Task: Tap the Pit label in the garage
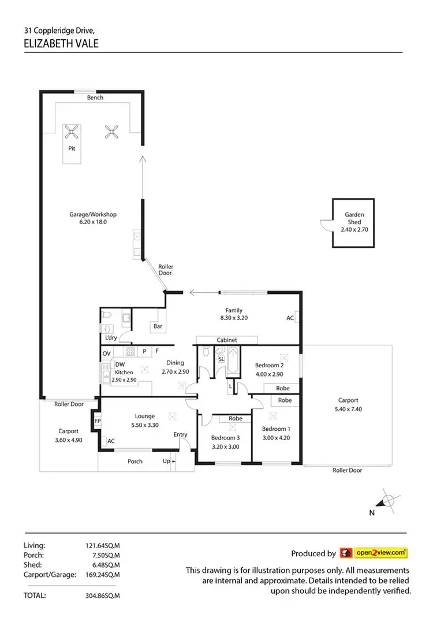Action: pyautogui.click(x=73, y=148)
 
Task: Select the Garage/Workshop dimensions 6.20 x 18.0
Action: pyautogui.click(x=88, y=222)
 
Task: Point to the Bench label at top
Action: pyautogui.click(x=95, y=98)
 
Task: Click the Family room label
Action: pyautogui.click(x=234, y=310)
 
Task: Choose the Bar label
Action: pyautogui.click(x=157, y=326)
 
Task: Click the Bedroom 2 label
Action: pyautogui.click(x=270, y=365)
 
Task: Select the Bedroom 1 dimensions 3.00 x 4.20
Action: pyautogui.click(x=276, y=437)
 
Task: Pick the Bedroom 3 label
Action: pyautogui.click(x=225, y=437)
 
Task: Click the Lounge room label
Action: pyautogui.click(x=145, y=416)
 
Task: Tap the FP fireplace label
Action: pyautogui.click(x=97, y=421)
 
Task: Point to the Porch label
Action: pyautogui.click(x=135, y=461)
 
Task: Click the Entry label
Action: pyautogui.click(x=180, y=435)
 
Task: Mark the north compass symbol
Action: pyautogui.click(x=389, y=501)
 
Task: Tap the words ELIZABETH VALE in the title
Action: pyautogui.click(x=62, y=43)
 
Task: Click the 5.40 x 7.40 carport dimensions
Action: pyautogui.click(x=348, y=409)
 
